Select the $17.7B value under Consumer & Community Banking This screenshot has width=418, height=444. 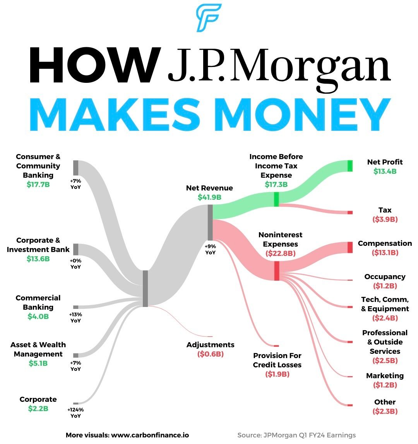pos(38,184)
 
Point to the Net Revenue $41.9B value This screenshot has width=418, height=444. pos(209,197)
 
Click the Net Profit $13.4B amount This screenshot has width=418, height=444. pos(385,171)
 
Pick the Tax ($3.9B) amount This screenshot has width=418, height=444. pos(385,219)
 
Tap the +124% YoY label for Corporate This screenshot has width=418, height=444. pos(75,413)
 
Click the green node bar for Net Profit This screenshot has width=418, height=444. pos(350,166)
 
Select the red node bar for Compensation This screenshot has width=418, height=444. pos(350,247)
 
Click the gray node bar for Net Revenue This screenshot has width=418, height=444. pos(210,223)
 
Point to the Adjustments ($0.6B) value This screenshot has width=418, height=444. pos(210,354)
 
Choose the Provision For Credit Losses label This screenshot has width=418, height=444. pos(277,360)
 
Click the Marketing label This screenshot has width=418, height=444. pos(385,375)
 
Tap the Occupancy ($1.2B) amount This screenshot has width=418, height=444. pos(385,286)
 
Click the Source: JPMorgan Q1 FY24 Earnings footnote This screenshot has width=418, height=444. pos(296,435)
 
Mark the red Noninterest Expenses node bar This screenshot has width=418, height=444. pos(277,271)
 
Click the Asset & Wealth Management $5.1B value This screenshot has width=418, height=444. pos(38,363)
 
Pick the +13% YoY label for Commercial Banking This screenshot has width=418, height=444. pos(75,317)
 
